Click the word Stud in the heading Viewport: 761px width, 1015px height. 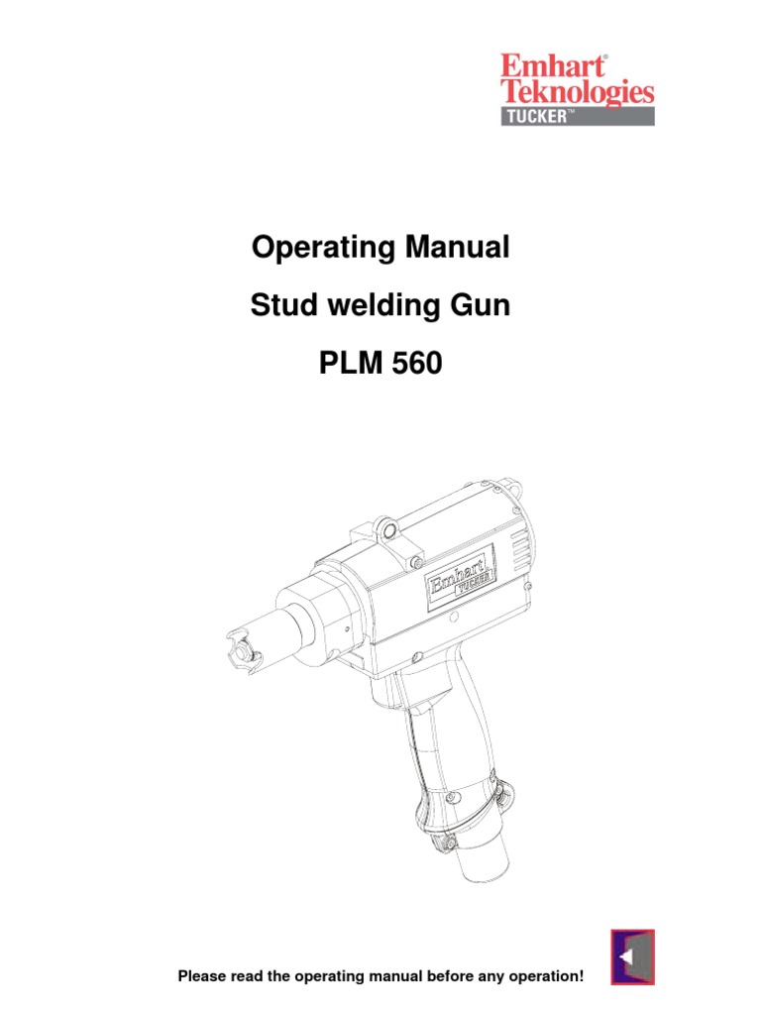point(276,306)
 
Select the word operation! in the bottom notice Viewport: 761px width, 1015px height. point(544,977)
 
